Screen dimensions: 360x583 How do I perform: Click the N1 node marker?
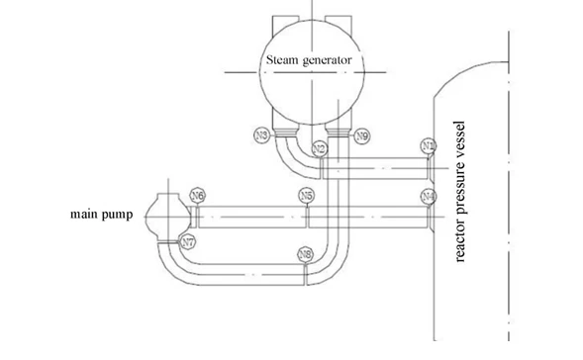[x=428, y=146]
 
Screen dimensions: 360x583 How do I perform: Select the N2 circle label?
[x=319, y=149]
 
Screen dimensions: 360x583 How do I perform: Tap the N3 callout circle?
[x=261, y=135]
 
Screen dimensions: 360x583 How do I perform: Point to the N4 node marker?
[x=428, y=196]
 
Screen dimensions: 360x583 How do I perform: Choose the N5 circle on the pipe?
[x=307, y=196]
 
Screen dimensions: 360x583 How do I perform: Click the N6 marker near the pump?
[x=198, y=196]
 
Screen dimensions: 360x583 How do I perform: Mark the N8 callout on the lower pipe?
[x=306, y=255]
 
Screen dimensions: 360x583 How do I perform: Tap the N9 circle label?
[x=362, y=135]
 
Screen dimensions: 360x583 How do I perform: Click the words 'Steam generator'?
[x=309, y=58]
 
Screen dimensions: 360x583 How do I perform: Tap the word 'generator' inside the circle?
[x=328, y=59]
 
